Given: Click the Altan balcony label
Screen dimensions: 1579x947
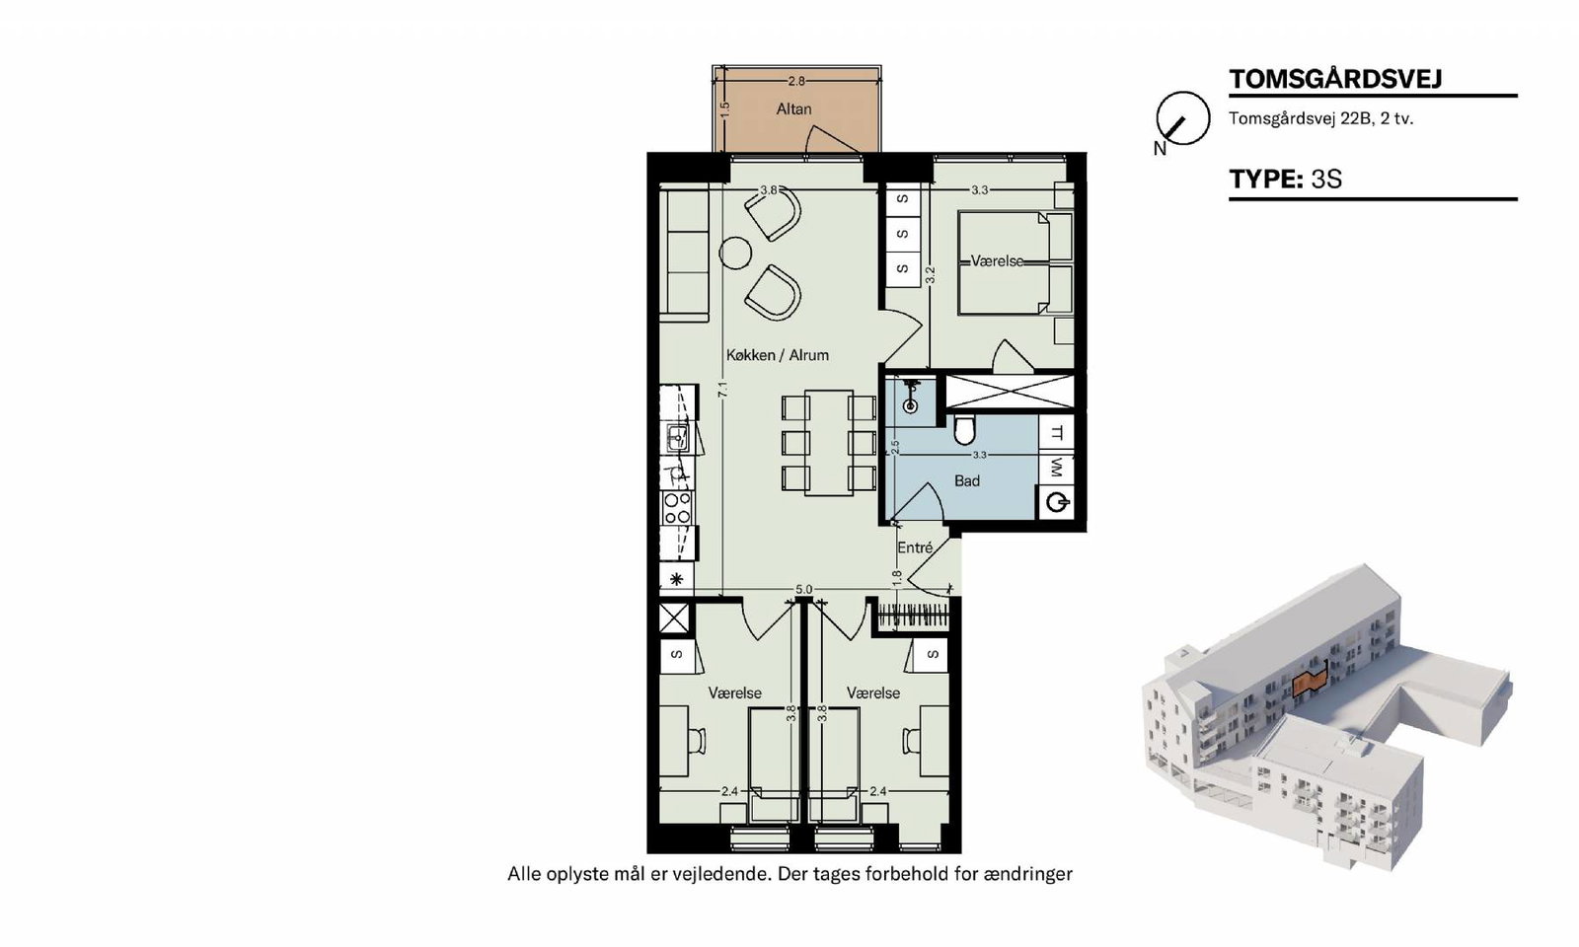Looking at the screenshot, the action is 793,109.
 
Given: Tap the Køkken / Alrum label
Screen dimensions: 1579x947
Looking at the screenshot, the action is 777,355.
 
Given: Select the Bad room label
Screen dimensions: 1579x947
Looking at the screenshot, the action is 966,480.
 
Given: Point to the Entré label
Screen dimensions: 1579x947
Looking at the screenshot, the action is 914,547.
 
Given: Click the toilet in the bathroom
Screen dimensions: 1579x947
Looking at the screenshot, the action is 963,430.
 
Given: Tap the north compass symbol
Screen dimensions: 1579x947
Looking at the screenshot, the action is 1181,120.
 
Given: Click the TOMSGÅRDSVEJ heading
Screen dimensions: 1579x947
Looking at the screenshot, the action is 1335,79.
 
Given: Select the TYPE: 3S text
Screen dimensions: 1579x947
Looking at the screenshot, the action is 1285,179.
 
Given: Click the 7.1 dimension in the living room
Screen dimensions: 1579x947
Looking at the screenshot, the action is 721,389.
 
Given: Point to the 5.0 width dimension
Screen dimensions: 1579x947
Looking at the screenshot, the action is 803,589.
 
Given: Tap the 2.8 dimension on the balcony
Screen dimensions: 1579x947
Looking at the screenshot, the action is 795,81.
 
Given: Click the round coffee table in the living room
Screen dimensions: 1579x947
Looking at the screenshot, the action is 735,254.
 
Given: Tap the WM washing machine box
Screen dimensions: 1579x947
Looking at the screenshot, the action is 1056,467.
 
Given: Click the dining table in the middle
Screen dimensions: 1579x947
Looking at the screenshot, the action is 829,443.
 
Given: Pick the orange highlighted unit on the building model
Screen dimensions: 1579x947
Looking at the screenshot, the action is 1310,682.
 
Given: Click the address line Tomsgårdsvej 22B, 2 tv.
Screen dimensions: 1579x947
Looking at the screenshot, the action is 1321,118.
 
